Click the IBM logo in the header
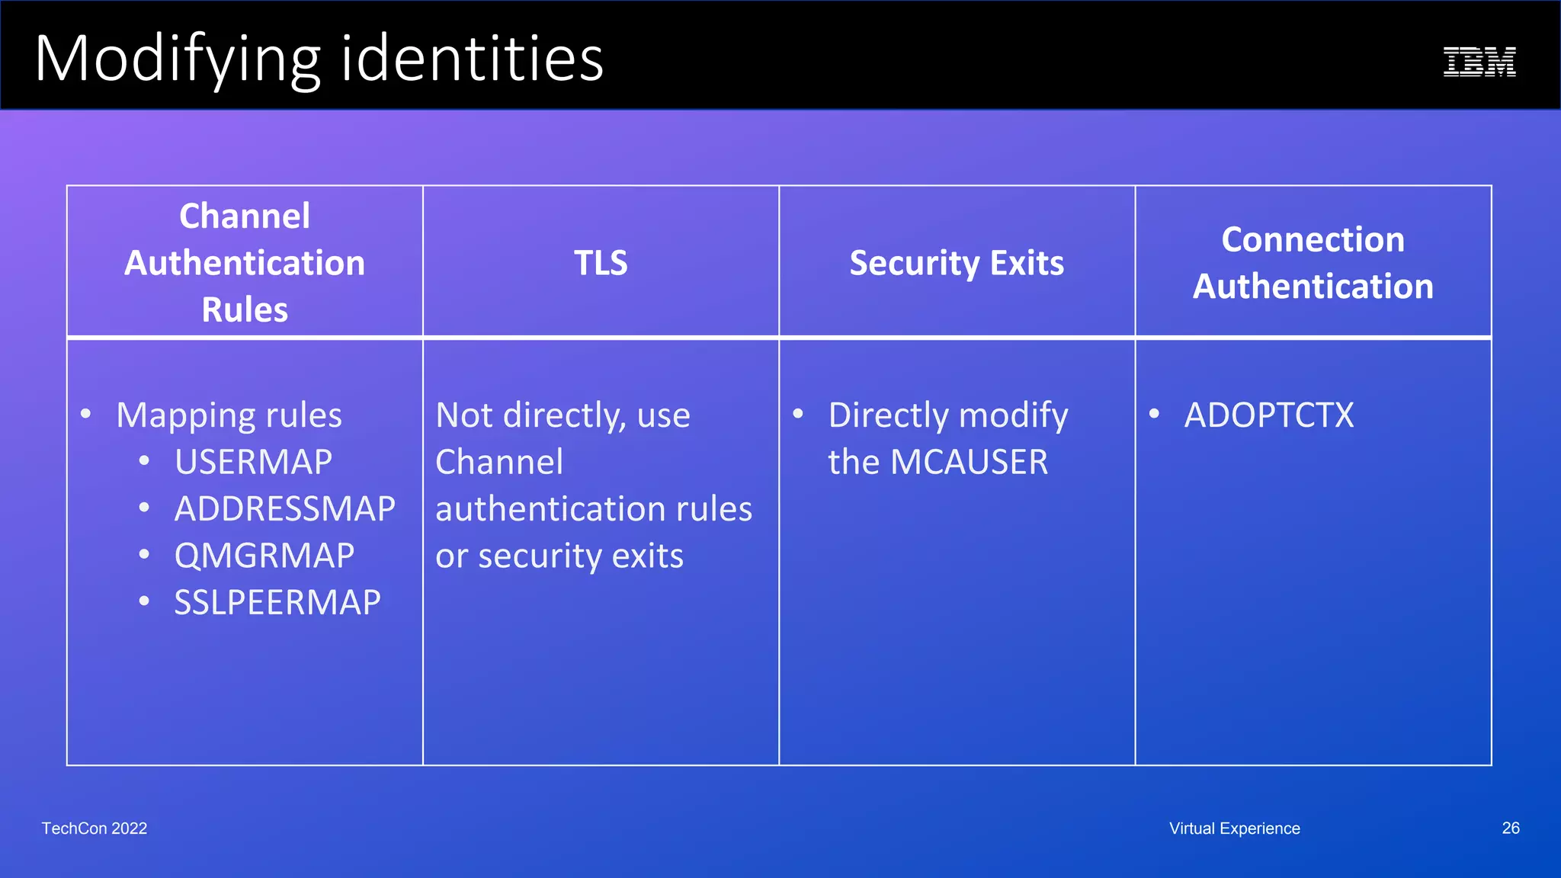(1479, 62)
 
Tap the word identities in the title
(472, 59)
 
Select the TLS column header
(601, 263)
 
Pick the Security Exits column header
(957, 263)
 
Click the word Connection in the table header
(1313, 239)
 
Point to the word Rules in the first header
(245, 309)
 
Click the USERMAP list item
(253, 462)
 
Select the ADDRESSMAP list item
(284, 508)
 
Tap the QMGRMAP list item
(264, 556)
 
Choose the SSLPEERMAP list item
(277, 602)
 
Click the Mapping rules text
(229, 415)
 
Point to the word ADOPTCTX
(1269, 415)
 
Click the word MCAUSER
(969, 462)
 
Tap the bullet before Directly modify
(798, 414)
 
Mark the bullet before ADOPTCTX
(1154, 414)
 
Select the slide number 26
(1510, 828)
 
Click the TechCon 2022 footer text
(95, 828)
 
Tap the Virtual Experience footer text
(1235, 828)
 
